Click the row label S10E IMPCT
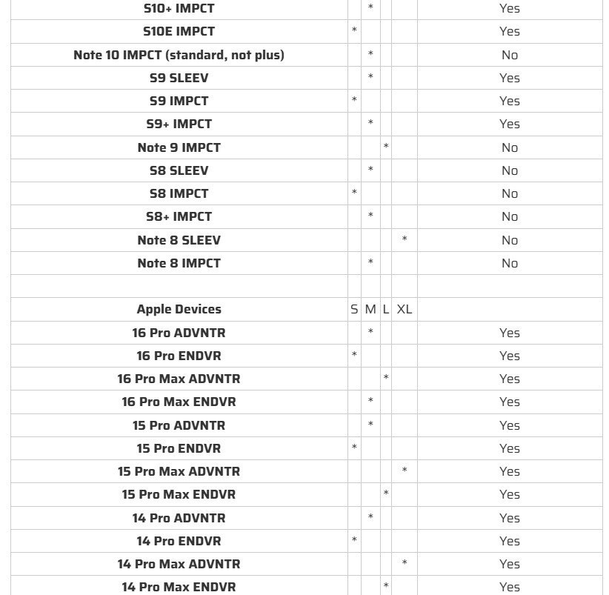179,31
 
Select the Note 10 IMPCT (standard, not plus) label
179,55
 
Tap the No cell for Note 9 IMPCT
509,147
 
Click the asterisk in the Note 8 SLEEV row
405,240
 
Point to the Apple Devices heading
179,309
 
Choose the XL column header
404,309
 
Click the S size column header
354,309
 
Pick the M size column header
370,309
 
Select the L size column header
386,309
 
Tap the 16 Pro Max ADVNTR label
179,379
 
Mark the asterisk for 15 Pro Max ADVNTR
405,471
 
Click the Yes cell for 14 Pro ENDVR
509,541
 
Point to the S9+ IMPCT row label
179,124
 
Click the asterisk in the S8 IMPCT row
354,193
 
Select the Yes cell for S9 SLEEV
509,78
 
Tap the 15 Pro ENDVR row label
179,448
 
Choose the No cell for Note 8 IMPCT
509,263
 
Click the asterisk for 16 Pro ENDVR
354,356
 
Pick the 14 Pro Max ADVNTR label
179,564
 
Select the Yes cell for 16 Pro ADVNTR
509,333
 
